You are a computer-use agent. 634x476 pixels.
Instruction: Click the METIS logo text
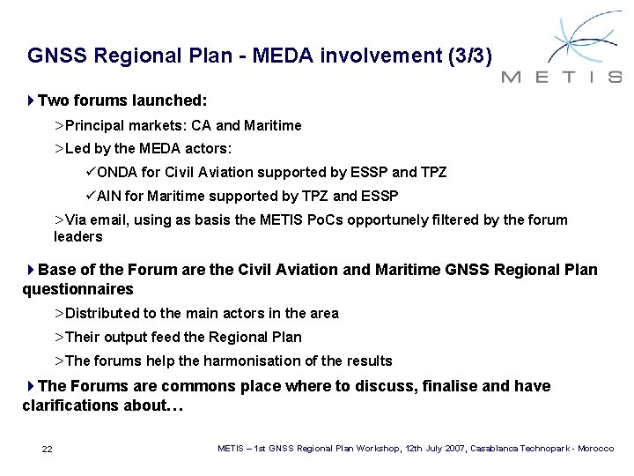coord(562,77)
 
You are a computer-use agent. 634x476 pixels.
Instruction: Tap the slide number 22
coord(48,450)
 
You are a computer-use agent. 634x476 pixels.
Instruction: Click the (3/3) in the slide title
coord(476,57)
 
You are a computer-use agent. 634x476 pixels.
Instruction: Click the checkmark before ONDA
coord(92,172)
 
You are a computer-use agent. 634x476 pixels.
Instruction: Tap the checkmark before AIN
coord(92,195)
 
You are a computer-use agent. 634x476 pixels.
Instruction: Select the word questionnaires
coord(77,288)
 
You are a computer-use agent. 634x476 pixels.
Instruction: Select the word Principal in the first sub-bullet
coord(94,126)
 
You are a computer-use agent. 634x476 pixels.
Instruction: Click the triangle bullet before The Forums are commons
coord(32,386)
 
